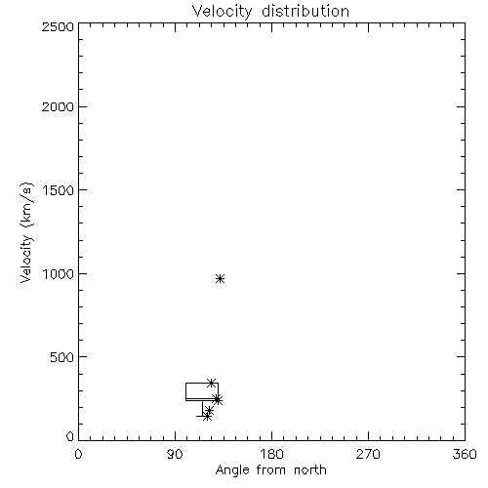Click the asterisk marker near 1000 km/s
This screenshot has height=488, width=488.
click(x=221, y=279)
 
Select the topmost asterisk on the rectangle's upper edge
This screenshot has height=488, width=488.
click(x=212, y=383)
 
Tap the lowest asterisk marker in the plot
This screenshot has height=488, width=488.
click(x=207, y=416)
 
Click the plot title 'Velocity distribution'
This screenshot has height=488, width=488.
click(x=270, y=12)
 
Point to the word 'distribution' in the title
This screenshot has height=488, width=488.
click(x=305, y=12)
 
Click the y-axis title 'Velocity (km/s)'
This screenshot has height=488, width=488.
click(x=26, y=232)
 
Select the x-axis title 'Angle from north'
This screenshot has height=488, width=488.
click(x=271, y=470)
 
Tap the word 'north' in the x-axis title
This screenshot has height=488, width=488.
click(x=310, y=470)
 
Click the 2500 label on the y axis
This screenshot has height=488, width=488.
click(x=58, y=26)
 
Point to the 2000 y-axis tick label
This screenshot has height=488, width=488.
click(x=58, y=106)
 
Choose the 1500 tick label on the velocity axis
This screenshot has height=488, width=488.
click(x=59, y=190)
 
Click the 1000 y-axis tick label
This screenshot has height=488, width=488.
click(x=59, y=274)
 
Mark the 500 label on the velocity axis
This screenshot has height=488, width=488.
click(x=62, y=357)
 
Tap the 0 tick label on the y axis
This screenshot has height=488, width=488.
click(x=70, y=436)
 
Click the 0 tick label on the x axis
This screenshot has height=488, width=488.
click(x=78, y=454)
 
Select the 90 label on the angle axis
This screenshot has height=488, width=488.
click(x=175, y=454)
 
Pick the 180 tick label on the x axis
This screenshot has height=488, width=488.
click(x=271, y=454)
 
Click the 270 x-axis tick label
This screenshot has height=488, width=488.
click(x=368, y=454)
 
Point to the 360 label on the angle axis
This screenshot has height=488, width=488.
click(x=465, y=454)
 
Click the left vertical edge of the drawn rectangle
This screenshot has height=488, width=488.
click(x=185, y=391)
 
